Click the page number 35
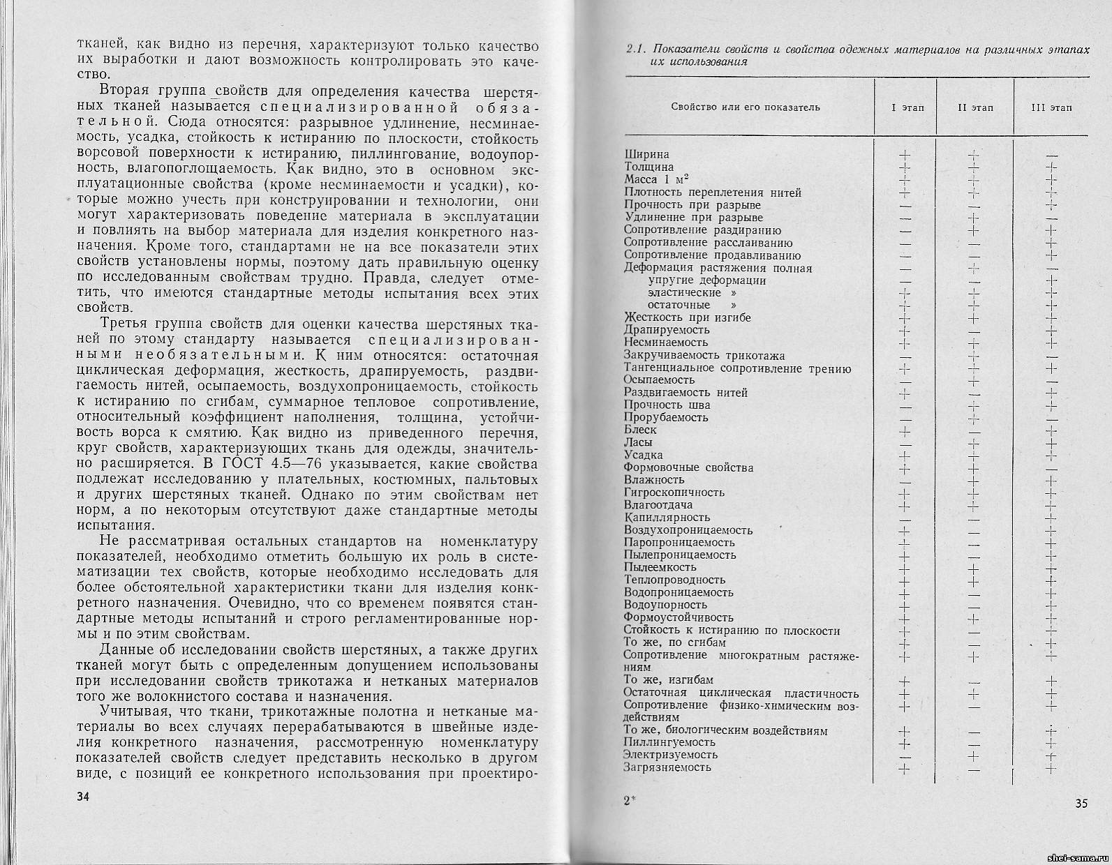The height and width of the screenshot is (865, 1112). (1081, 803)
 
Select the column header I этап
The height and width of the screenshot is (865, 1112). (907, 107)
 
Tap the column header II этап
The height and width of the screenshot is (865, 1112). (975, 107)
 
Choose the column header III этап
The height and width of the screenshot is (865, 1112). (1051, 107)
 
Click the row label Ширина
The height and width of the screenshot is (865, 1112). (646, 154)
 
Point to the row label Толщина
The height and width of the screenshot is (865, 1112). (649, 167)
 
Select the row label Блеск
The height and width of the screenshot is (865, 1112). (640, 430)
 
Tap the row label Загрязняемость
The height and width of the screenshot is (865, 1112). (667, 767)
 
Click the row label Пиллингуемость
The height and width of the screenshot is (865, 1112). (669, 742)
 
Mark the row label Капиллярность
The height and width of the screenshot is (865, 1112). (667, 518)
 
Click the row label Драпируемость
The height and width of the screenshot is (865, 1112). (667, 329)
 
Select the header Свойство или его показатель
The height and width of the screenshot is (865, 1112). (745, 107)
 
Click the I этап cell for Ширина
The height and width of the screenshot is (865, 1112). (905, 155)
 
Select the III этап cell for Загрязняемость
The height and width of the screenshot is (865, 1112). (1052, 768)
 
